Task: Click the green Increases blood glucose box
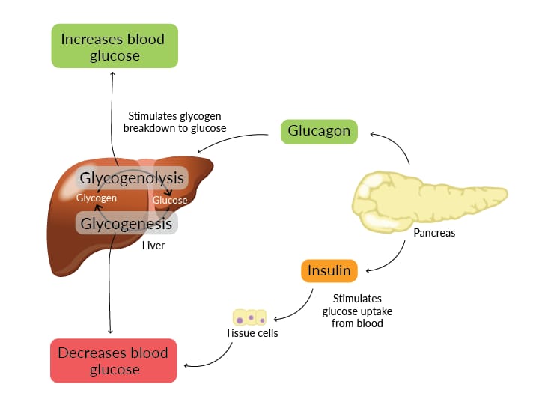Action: (113, 47)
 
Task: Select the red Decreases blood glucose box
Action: (113, 361)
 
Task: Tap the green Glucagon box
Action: (319, 131)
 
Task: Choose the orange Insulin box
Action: (329, 270)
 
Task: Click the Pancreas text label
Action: (434, 233)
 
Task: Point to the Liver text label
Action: (153, 245)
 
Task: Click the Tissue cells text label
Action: (252, 332)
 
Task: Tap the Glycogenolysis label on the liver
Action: (132, 178)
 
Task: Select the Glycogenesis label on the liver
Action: (127, 223)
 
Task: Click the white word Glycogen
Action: (97, 198)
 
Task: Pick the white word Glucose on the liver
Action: (170, 200)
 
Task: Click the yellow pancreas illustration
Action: (427, 197)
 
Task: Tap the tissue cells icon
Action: (250, 317)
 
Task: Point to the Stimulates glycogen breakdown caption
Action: (177, 121)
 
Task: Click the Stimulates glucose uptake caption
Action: (357, 311)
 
